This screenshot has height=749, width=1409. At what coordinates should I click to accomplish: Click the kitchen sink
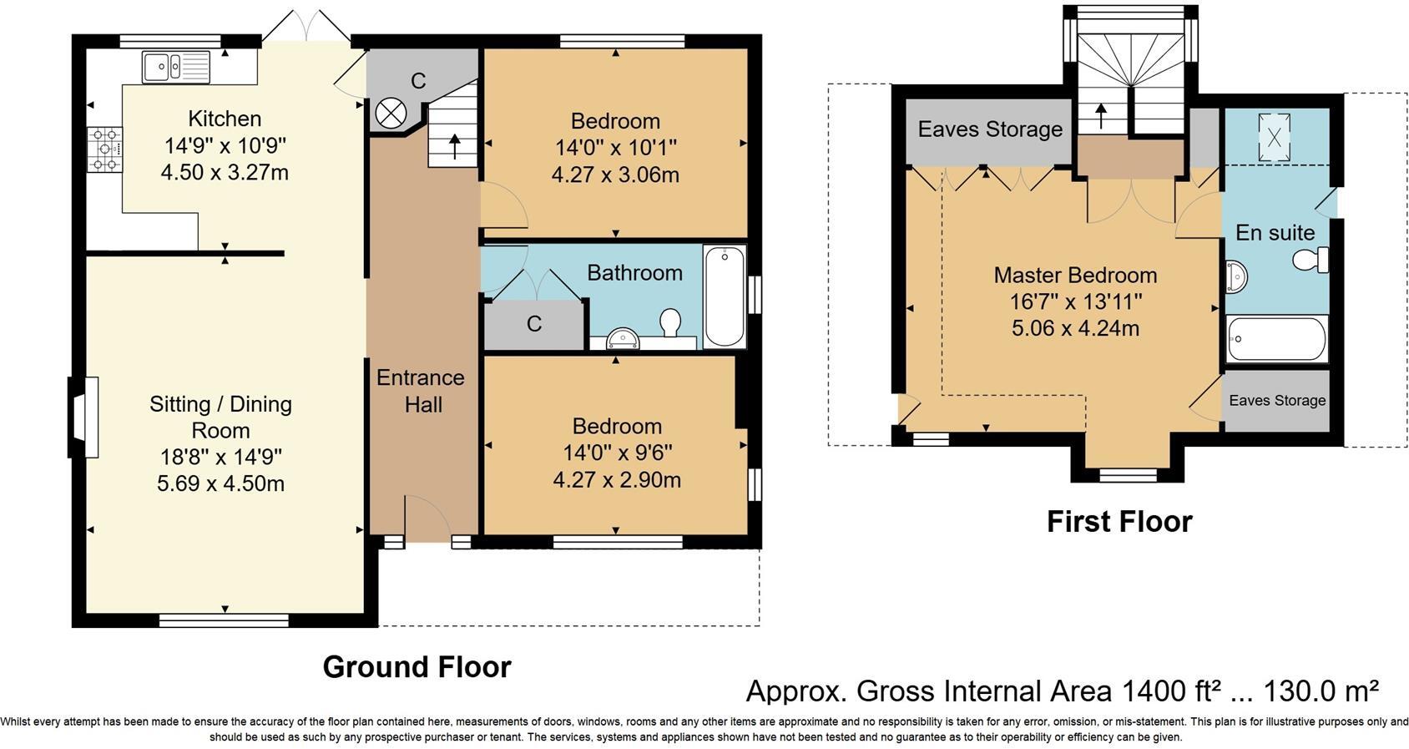pyautogui.click(x=176, y=68)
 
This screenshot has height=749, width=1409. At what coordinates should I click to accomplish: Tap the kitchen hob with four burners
pyautogui.click(x=105, y=149)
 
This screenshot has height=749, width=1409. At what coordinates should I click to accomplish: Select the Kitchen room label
pyautogui.click(x=225, y=119)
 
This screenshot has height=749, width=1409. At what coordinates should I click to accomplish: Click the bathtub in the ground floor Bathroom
pyautogui.click(x=725, y=296)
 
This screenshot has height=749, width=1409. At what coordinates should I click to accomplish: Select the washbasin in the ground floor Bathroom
pyautogui.click(x=623, y=340)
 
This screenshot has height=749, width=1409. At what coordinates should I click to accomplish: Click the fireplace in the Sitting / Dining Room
pyautogui.click(x=83, y=417)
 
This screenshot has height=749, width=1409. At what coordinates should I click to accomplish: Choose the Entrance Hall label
pyautogui.click(x=421, y=391)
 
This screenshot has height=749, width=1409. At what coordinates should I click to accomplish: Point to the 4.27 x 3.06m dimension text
pyautogui.click(x=615, y=175)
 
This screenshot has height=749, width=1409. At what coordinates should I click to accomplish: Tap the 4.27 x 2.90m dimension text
pyautogui.click(x=616, y=479)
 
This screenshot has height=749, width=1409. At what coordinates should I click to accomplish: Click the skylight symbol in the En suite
pyautogui.click(x=1275, y=137)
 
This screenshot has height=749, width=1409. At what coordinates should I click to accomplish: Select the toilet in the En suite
pyautogui.click(x=1311, y=260)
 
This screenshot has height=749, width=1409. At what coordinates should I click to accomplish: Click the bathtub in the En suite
pyautogui.click(x=1277, y=339)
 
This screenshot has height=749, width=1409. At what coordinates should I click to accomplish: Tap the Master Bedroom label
pyautogui.click(x=1076, y=275)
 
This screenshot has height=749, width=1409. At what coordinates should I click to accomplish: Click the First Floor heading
pyautogui.click(x=1119, y=522)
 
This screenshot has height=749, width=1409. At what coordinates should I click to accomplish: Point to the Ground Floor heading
pyautogui.click(x=417, y=667)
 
